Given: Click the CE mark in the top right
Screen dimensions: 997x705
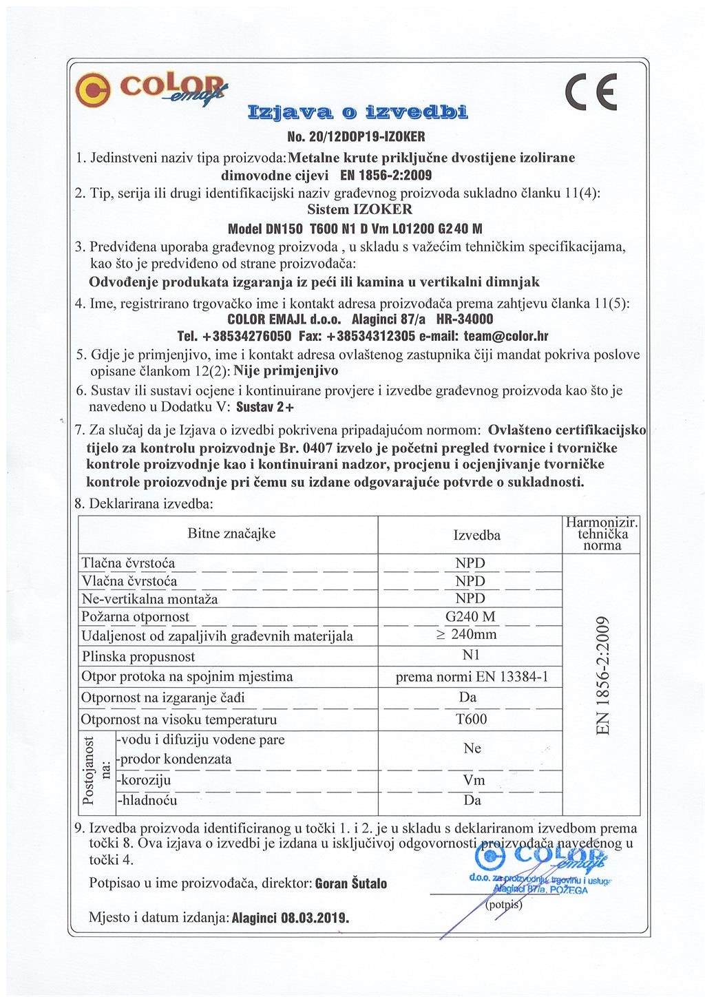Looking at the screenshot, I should (x=590, y=92).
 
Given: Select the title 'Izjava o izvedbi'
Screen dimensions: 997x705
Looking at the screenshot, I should (x=356, y=112).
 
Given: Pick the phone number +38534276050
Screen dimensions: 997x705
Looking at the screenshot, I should (x=247, y=337).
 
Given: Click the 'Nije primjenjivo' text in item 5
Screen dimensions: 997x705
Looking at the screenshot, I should (x=286, y=371).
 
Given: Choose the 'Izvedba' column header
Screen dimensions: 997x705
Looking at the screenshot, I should (x=476, y=536).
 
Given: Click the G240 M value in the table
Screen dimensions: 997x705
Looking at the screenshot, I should (x=470, y=616).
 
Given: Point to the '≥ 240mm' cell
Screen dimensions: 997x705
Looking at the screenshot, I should (x=467, y=634).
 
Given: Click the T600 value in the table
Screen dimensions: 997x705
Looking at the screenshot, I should (x=471, y=719).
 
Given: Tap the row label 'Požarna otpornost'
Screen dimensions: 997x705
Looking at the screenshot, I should (x=135, y=617).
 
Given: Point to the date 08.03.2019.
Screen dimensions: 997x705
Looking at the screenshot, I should (x=315, y=919).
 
